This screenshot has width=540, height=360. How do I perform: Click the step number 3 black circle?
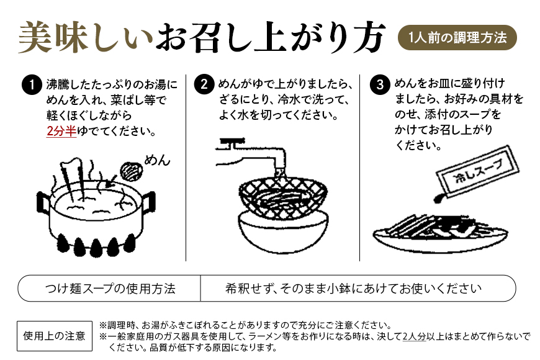coord(379,85)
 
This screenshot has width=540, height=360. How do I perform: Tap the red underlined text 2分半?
coord(61,132)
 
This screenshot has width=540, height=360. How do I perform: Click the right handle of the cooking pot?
coord(148,201)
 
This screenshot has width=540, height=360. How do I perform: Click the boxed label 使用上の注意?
coord(55,336)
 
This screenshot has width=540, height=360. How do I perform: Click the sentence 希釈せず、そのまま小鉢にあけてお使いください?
coord(354,289)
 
